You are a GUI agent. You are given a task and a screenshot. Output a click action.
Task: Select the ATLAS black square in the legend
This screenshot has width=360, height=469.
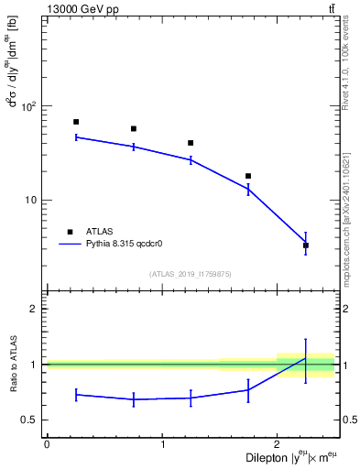[x=70, y=232]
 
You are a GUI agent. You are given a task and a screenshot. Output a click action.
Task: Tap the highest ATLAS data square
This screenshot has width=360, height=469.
[x=76, y=122]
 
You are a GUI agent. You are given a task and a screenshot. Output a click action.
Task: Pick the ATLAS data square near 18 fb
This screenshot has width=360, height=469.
[x=248, y=176]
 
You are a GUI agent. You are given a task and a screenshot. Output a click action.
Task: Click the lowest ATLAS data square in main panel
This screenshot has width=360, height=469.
[x=306, y=245]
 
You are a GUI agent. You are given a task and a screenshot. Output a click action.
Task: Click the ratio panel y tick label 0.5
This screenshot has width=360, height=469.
[x=33, y=420]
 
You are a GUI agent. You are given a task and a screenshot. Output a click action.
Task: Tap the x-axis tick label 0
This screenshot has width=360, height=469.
[x=47, y=444]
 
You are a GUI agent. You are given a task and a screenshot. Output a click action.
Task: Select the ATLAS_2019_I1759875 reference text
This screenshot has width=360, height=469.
[x=190, y=274]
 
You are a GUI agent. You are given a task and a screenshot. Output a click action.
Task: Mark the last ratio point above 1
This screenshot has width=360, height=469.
[x=306, y=358]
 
